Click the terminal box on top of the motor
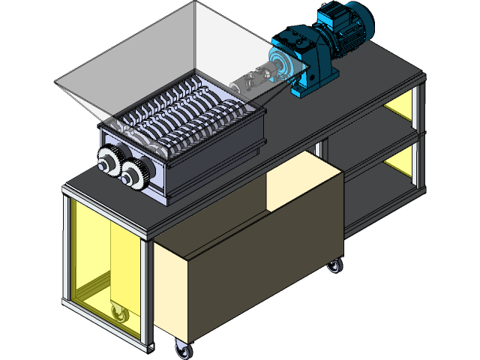(331, 15)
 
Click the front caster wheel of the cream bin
(181, 348)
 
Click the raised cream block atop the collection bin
(292, 184)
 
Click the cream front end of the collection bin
(169, 292)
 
